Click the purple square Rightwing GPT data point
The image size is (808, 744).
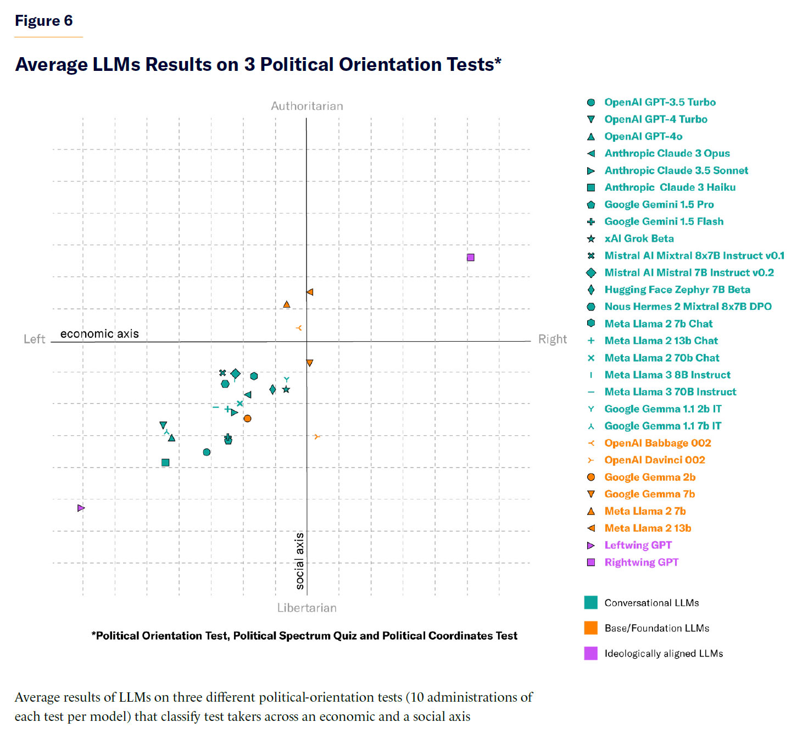pyautogui.click(x=470, y=257)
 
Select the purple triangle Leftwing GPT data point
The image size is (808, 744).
pyautogui.click(x=81, y=508)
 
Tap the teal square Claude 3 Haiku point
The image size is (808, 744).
pyautogui.click(x=165, y=462)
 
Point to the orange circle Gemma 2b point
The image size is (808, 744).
pyautogui.click(x=247, y=418)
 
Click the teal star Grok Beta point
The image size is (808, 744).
pyautogui.click(x=286, y=390)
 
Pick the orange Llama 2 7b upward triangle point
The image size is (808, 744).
pyautogui.click(x=286, y=304)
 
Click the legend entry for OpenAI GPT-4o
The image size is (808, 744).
pyautogui.click(x=643, y=136)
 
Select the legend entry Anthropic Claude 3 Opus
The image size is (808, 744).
pyautogui.click(x=667, y=153)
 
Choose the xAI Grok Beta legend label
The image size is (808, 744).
pyautogui.click(x=639, y=238)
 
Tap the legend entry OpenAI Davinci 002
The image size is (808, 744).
pyautogui.click(x=654, y=460)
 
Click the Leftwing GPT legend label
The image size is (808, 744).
pyautogui.click(x=638, y=545)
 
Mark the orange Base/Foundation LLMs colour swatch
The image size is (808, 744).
pyautogui.click(x=590, y=628)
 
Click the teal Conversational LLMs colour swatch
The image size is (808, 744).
pyautogui.click(x=590, y=602)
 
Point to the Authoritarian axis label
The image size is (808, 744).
pyautogui.click(x=307, y=106)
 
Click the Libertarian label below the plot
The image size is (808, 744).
pyautogui.click(x=307, y=608)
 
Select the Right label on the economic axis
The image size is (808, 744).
pyautogui.click(x=552, y=339)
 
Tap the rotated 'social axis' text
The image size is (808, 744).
pyautogui.click(x=299, y=560)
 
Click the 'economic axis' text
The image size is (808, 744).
pyautogui.click(x=99, y=334)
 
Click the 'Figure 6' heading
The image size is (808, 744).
pyautogui.click(x=43, y=21)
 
